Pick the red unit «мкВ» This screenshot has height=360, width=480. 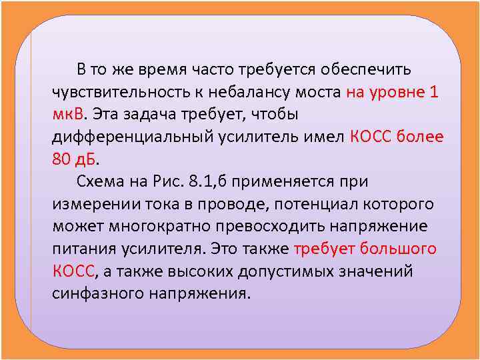click(69, 115)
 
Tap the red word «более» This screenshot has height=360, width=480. click(419, 137)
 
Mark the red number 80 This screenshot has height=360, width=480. click(61, 160)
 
